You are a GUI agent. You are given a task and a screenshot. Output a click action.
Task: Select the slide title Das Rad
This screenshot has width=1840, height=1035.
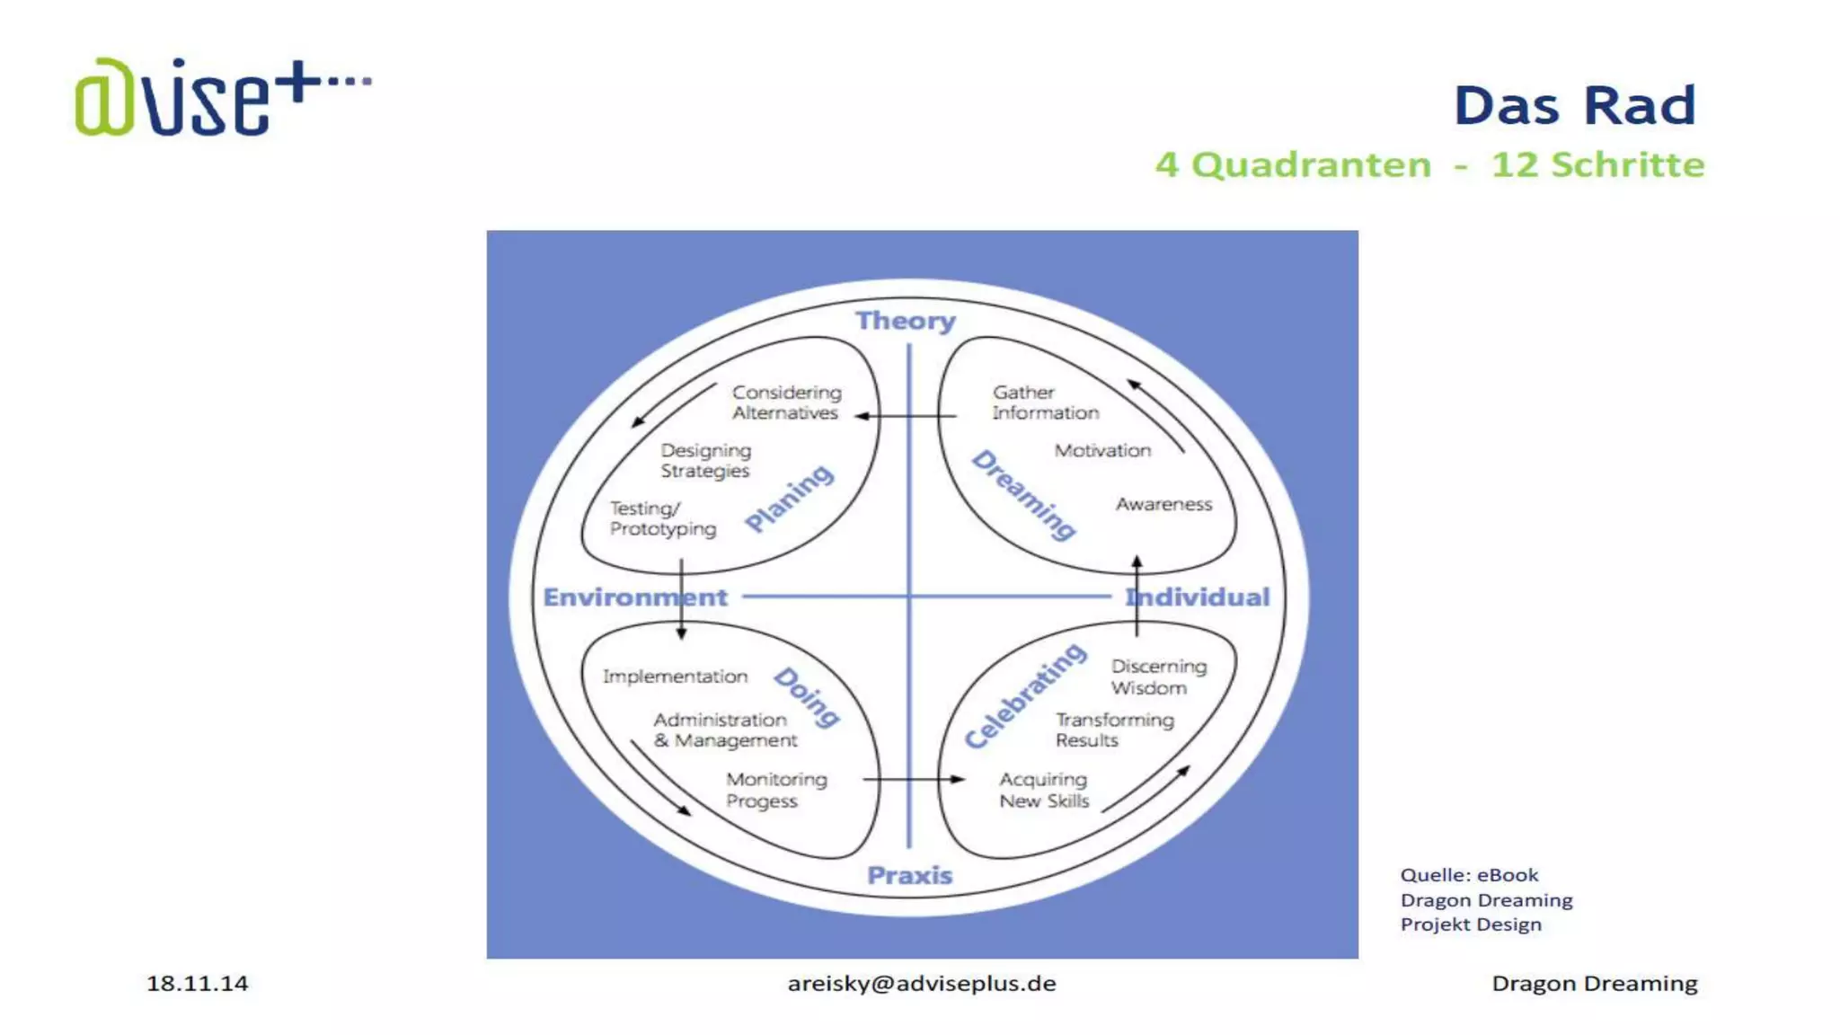pos(1574,106)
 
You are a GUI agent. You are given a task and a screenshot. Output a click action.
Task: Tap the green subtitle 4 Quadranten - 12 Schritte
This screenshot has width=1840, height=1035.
pos(1429,165)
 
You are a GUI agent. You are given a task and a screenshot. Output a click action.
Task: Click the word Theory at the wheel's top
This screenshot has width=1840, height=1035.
pos(905,321)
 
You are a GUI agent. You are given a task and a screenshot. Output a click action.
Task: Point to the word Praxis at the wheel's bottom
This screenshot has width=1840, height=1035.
pos(909,875)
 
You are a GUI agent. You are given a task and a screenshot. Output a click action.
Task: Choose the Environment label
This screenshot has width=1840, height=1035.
pos(634,597)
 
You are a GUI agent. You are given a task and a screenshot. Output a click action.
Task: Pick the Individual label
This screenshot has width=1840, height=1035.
pos(1198,597)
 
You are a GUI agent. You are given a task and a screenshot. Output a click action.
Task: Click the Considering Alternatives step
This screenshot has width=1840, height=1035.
pos(786,402)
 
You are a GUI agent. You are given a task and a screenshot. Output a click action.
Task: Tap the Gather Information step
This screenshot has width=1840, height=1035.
pos(1045,402)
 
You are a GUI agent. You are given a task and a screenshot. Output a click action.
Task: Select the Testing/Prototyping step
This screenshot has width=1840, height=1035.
pos(662,518)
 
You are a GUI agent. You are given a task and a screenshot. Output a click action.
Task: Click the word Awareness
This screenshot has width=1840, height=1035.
pos(1163,505)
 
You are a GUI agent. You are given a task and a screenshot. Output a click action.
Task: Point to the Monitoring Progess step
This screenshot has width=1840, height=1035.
pos(776,790)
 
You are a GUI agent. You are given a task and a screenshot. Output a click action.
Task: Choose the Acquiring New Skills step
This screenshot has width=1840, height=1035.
pos(1043,790)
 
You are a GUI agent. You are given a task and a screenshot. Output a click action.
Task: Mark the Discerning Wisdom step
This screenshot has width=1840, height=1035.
pos(1158,677)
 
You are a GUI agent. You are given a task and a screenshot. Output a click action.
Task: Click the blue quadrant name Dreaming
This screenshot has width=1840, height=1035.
pos(1024,495)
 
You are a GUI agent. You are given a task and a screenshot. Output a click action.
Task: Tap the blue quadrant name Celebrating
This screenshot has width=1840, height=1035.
pos(1025,695)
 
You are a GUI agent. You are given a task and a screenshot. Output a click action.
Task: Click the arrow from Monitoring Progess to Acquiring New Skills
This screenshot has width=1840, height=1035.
pos(913,779)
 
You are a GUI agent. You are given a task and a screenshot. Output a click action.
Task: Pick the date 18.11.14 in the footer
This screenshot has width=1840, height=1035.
pos(197,984)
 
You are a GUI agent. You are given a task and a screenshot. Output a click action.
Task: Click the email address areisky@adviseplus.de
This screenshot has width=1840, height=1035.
pos(922,984)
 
